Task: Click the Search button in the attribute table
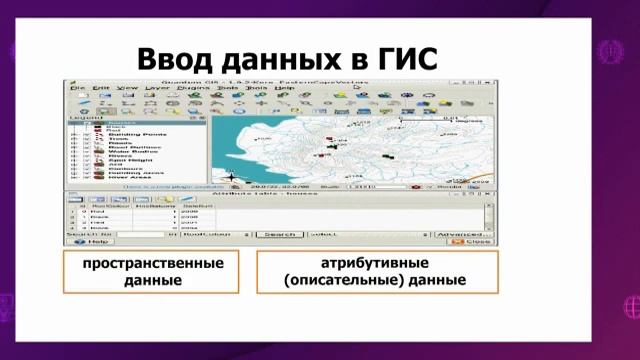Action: pyautogui.click(x=279, y=234)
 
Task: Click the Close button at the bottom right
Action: pyautogui.click(x=476, y=242)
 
